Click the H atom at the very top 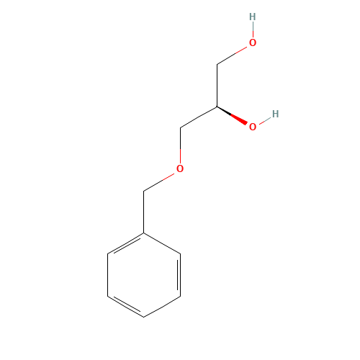(x=252, y=17)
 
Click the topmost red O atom (x=252, y=42)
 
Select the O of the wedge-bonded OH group (x=253, y=127)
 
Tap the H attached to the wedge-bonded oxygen (x=275, y=114)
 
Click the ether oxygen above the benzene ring (x=180, y=169)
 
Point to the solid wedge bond (x=233, y=117)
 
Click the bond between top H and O (x=252, y=30)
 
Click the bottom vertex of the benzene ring (x=144, y=316)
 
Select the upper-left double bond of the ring (x=126, y=243)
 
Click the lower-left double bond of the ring (x=126, y=305)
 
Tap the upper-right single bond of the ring (x=163, y=243)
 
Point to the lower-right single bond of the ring (x=163, y=305)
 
